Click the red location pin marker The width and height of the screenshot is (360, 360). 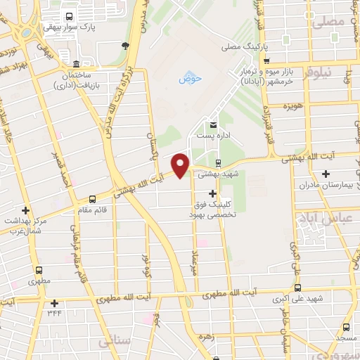(x=181, y=166)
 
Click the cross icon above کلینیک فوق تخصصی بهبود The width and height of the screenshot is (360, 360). (x=212, y=193)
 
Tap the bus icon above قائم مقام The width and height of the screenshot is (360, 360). (x=93, y=200)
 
